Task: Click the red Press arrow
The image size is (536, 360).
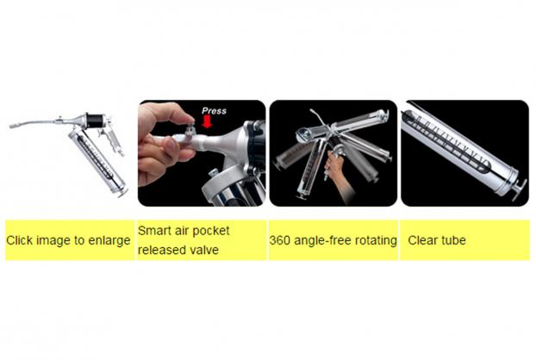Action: [207, 121]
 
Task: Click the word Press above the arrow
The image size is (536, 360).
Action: [214, 110]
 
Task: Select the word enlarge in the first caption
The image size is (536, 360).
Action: [109, 241]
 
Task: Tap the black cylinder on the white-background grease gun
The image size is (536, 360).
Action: [94, 121]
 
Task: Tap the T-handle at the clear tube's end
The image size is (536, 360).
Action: [520, 190]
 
